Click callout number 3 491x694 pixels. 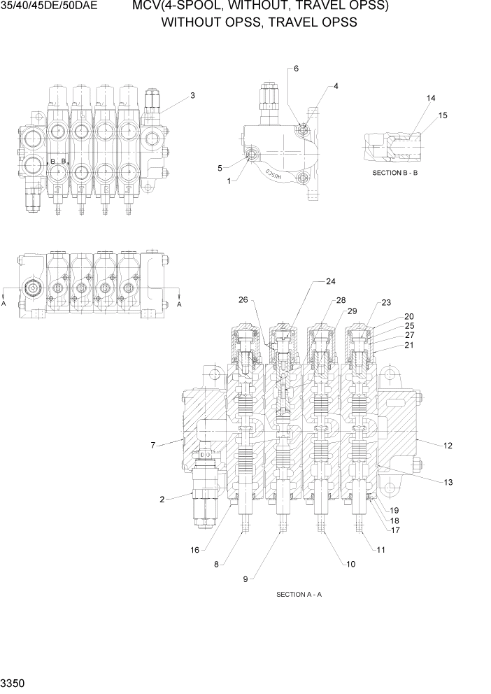[192, 95]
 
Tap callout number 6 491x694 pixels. [296, 69]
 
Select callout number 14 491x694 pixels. [431, 98]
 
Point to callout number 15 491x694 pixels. [442, 115]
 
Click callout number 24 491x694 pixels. [331, 281]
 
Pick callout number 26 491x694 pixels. [243, 300]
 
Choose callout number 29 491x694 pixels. [352, 311]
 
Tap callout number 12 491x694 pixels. [448, 445]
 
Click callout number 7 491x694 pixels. [152, 444]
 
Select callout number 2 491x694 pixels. [162, 499]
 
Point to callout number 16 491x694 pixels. [195, 549]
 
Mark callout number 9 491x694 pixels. [245, 579]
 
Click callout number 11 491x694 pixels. [380, 550]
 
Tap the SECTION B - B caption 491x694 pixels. [394, 172]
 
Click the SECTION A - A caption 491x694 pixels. [299, 595]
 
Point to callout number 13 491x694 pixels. [448, 482]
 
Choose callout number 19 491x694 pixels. [394, 510]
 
